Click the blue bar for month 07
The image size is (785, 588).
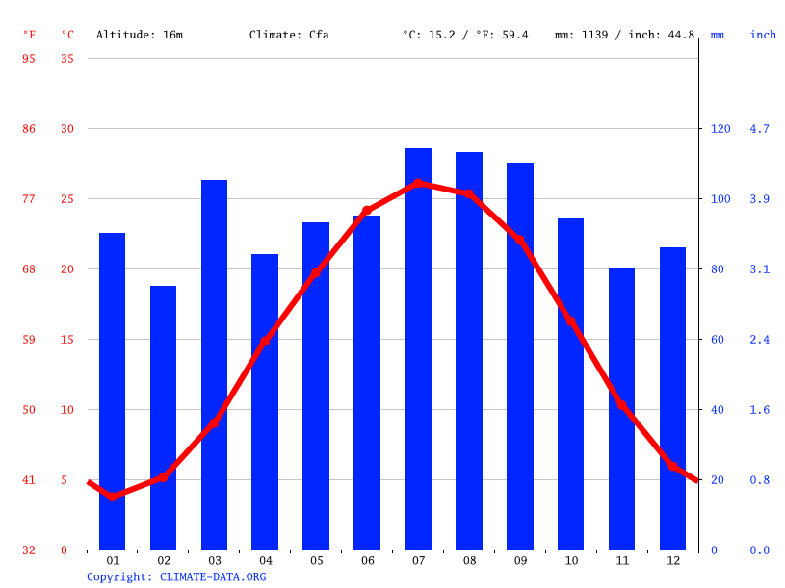click(x=418, y=348)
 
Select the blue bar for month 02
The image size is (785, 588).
click(x=164, y=418)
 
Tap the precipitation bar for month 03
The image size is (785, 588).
click(x=214, y=365)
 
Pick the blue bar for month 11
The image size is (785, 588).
click(x=622, y=409)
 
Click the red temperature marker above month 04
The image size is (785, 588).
click(x=265, y=341)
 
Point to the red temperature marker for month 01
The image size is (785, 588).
click(x=113, y=497)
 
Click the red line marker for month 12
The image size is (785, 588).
click(x=673, y=466)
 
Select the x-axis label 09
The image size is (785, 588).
click(x=520, y=560)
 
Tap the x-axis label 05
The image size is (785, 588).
click(x=316, y=560)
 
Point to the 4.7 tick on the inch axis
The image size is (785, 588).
click(x=760, y=129)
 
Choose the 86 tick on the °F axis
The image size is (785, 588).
click(x=29, y=129)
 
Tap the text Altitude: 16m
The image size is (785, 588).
click(x=140, y=35)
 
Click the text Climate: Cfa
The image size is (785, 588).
click(x=289, y=35)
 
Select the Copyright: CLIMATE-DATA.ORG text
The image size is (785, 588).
click(x=176, y=576)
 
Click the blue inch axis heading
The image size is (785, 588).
click(x=763, y=35)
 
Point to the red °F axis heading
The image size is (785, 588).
click(x=29, y=35)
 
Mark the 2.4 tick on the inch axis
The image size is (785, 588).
click(x=760, y=340)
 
